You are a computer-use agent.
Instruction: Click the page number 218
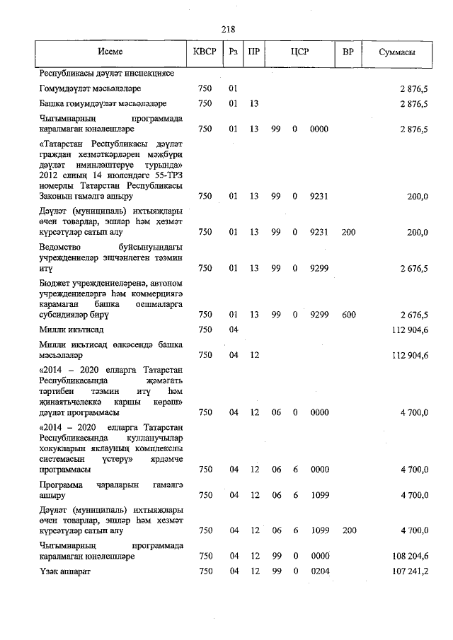[x=227, y=29]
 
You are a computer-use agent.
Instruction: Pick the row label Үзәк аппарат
[x=65, y=571]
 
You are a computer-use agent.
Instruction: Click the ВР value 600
[x=348, y=315]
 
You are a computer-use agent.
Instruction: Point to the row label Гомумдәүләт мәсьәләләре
[x=90, y=88]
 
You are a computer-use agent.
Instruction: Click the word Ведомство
[x=64, y=247]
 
